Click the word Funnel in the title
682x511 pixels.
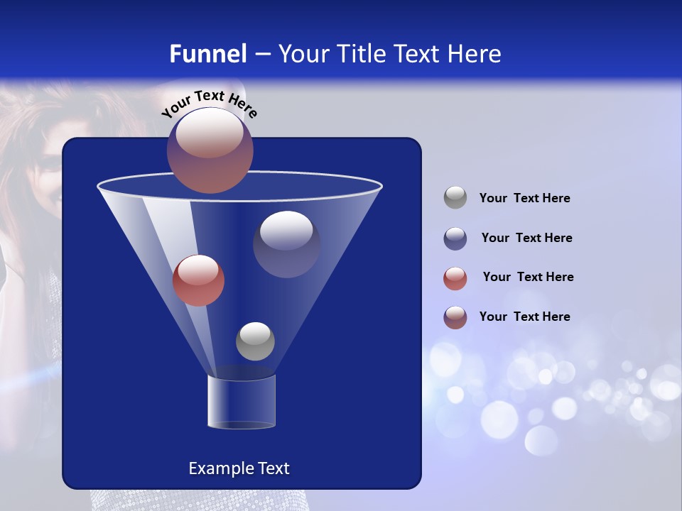click(207, 54)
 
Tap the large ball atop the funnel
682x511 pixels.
click(210, 150)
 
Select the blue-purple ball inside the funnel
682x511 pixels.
click(286, 243)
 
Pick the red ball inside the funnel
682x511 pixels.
click(198, 280)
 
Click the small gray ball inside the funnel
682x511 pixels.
click(255, 341)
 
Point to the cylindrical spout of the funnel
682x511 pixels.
click(242, 402)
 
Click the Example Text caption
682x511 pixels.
click(239, 468)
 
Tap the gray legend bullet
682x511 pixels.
click(455, 198)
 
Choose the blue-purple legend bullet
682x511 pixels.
click(455, 238)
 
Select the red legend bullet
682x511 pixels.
click(455, 278)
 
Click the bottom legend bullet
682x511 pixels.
click(455, 317)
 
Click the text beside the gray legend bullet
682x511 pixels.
click(524, 198)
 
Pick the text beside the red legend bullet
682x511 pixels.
click(528, 277)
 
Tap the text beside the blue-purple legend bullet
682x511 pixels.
click(526, 238)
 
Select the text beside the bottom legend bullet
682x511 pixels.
click(524, 317)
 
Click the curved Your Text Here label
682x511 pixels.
click(210, 102)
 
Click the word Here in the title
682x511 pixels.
click(475, 54)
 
